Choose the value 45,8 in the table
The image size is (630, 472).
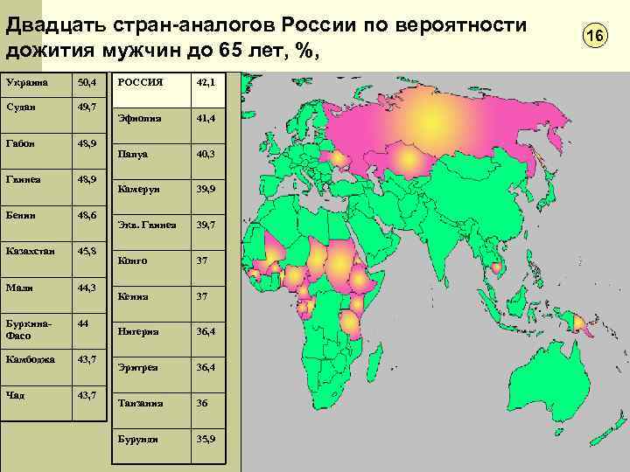pos(87,251)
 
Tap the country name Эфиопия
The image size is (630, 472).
pos(140,117)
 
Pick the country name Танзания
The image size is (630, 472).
pos(140,403)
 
